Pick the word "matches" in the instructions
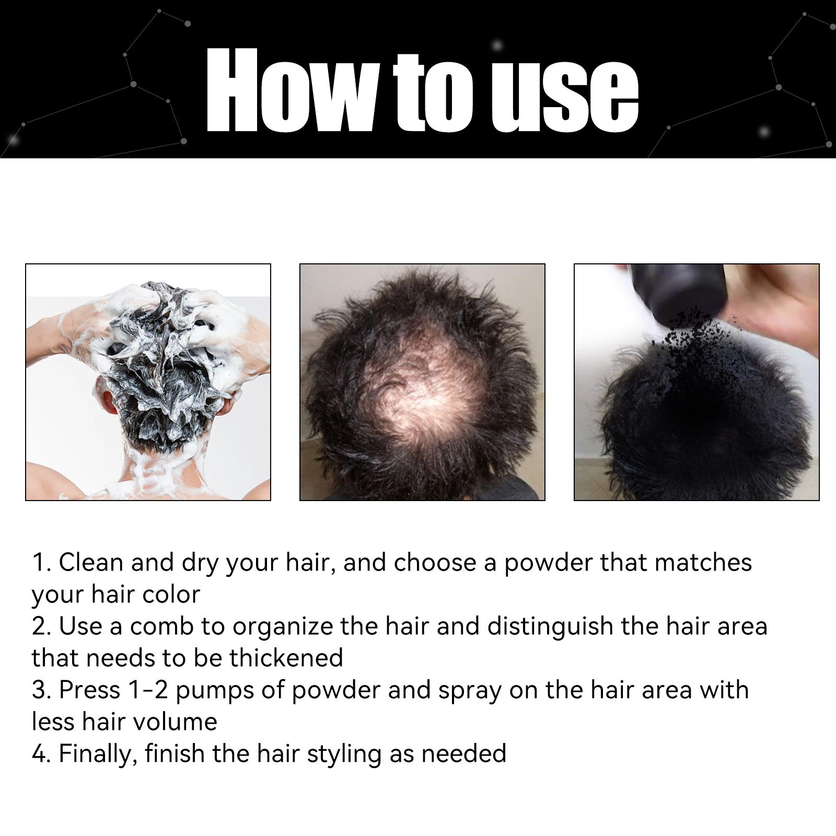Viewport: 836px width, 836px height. pyautogui.click(x=703, y=563)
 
